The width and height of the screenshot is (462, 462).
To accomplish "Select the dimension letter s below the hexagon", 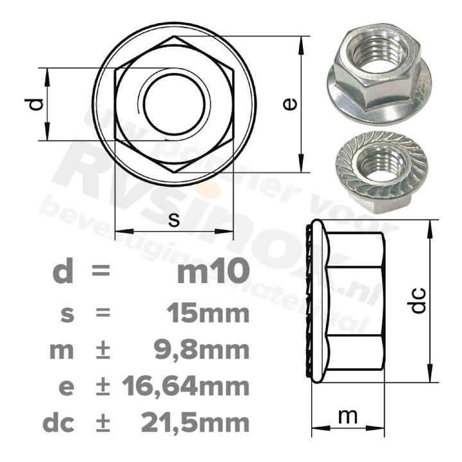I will [x=174, y=219].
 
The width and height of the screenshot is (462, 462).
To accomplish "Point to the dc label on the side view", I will [x=418, y=300].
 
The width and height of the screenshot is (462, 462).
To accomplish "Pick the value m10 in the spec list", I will [x=212, y=273].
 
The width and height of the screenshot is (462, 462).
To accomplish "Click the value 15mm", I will [x=206, y=314].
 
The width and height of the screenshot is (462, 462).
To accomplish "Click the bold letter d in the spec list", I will [x=62, y=272].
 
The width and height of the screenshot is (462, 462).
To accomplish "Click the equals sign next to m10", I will [x=101, y=273].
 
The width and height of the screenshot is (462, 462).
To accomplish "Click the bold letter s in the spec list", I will [x=66, y=314].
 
